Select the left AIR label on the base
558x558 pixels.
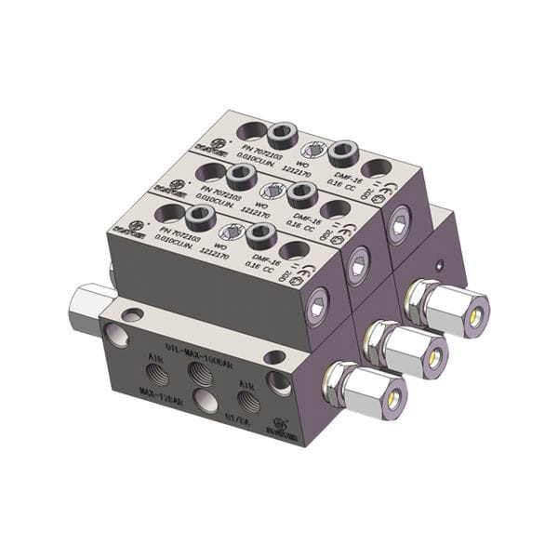(153, 357)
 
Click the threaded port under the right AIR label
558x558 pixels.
(246, 400)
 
